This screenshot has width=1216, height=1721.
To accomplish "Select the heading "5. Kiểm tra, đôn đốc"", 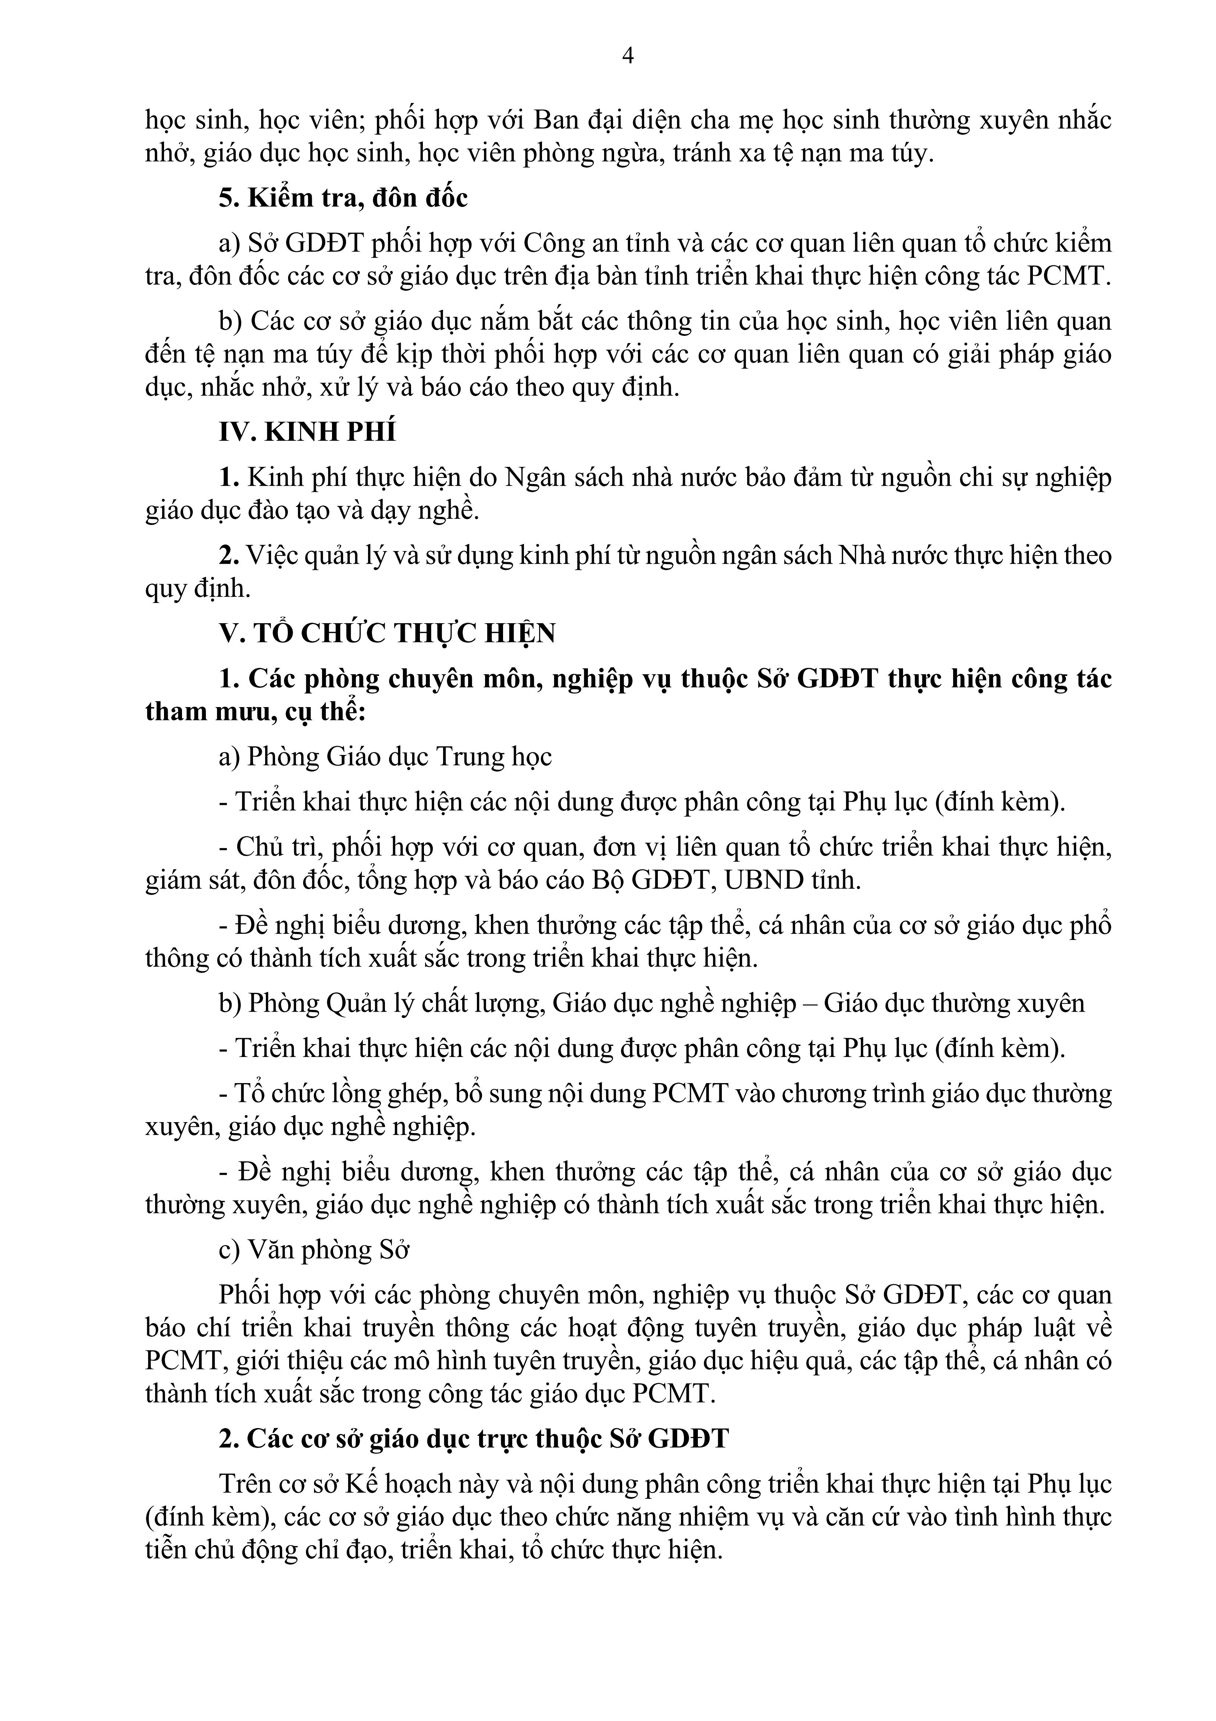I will [x=343, y=198].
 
